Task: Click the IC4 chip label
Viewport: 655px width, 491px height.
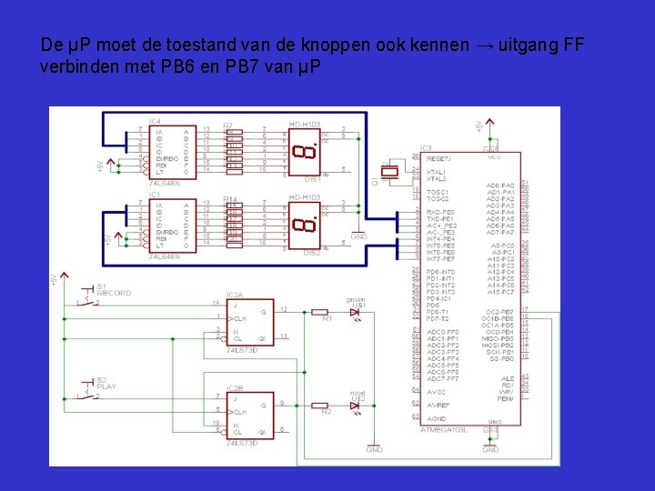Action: tap(155, 120)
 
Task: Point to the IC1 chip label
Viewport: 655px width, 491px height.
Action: tap(155, 195)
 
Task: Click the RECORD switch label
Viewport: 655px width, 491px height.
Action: tap(115, 294)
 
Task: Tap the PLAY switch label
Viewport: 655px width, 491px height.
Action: tap(106, 386)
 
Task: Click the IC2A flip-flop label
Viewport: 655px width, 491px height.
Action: tap(234, 295)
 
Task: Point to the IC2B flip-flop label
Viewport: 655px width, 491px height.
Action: tap(234, 387)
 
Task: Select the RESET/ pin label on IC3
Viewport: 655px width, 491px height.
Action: tap(439, 156)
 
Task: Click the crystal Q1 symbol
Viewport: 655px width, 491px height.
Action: tap(390, 173)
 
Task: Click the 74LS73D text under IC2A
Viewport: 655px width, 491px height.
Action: tap(241, 349)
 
